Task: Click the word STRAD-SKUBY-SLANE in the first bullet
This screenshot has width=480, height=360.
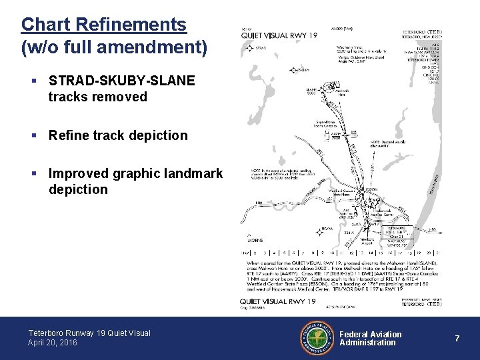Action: pos(122,81)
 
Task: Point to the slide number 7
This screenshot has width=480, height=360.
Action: pos(457,339)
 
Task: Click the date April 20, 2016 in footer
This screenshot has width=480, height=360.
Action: pos(53,343)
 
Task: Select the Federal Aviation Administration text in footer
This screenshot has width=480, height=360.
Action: pos(371,339)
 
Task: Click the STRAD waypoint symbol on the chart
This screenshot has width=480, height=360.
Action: pos(249,48)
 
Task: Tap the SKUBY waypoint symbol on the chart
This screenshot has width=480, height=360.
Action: pos(293,69)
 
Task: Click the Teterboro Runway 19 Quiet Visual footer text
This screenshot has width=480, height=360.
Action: pos(89,333)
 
